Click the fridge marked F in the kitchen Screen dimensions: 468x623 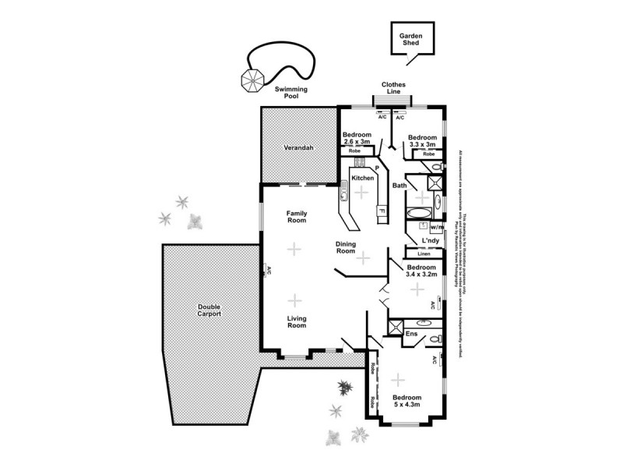382,210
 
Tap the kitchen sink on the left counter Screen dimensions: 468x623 343,189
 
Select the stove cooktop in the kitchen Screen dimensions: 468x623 359,162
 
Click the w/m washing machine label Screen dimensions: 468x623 436,226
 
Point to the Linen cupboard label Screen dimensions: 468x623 424,254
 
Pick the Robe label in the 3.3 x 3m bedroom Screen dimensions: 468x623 428,154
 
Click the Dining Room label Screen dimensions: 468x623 346,247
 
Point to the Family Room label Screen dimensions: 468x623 296,217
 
